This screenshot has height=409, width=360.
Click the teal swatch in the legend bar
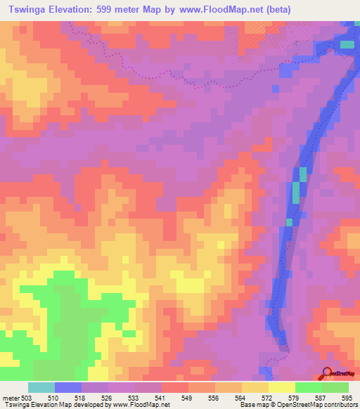(41, 388)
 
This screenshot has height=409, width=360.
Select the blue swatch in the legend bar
(68, 388)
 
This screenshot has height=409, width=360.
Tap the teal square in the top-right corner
(347, 44)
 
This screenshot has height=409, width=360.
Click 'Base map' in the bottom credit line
(250, 405)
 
